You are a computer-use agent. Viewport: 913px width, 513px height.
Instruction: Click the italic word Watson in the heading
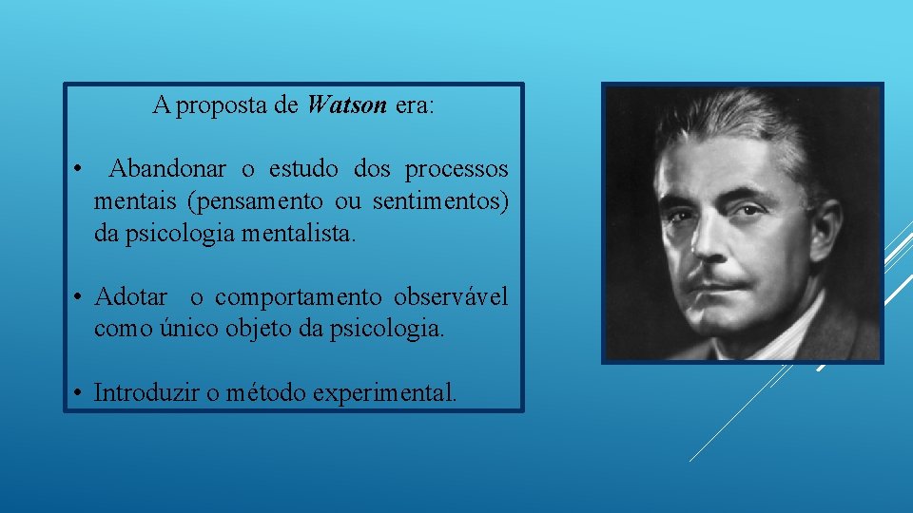point(347,105)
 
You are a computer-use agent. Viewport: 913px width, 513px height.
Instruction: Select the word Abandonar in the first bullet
point(167,170)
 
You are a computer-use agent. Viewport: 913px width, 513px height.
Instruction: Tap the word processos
point(456,170)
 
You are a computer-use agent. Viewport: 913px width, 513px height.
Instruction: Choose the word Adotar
point(131,297)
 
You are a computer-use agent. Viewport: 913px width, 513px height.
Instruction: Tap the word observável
point(451,297)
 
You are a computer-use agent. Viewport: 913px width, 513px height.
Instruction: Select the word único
point(191,329)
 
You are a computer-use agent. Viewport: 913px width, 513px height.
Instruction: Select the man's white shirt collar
point(780,332)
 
